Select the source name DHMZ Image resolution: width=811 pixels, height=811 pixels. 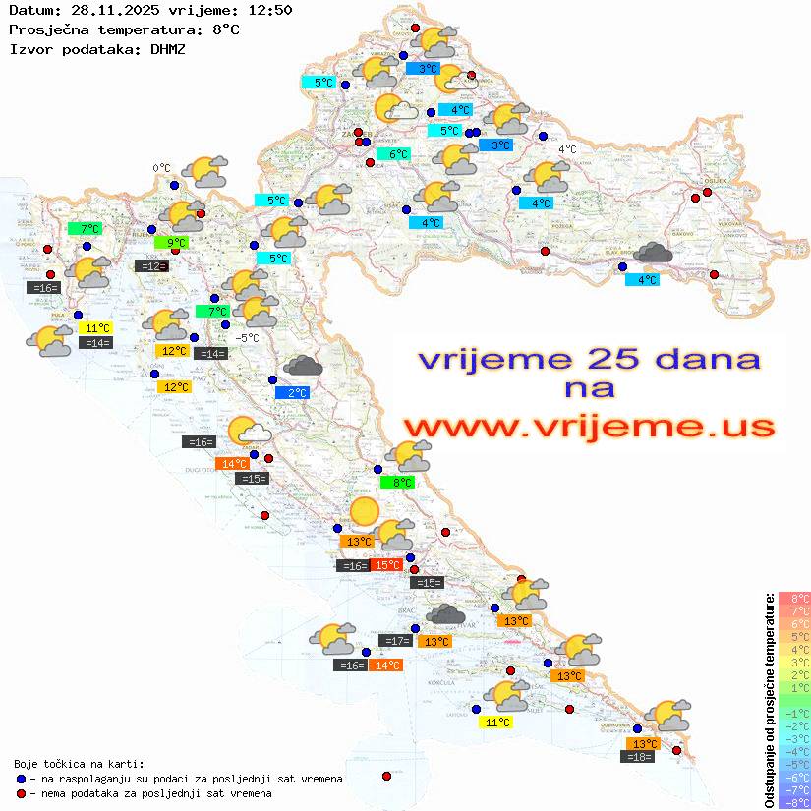click(x=167, y=48)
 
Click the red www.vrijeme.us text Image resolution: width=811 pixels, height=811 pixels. click(x=588, y=426)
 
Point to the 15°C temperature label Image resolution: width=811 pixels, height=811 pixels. click(x=386, y=565)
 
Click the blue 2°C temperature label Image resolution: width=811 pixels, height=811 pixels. click(x=298, y=393)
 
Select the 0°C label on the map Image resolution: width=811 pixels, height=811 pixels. click(x=161, y=168)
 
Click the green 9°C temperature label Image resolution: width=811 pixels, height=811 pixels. click(x=176, y=242)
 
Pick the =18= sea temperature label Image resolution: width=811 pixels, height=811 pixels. click(x=639, y=756)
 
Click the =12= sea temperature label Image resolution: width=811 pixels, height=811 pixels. click(x=151, y=265)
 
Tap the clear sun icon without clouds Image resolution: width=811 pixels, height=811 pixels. click(x=363, y=511)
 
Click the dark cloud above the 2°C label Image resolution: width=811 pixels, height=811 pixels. click(x=303, y=367)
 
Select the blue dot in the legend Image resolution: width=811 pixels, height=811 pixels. click(x=21, y=779)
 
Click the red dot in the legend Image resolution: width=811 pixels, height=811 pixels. click(x=21, y=793)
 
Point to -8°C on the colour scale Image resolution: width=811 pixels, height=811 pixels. click(x=793, y=802)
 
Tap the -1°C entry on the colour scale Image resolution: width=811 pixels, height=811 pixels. click(x=793, y=713)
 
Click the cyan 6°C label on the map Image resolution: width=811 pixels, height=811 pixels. click(x=393, y=154)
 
